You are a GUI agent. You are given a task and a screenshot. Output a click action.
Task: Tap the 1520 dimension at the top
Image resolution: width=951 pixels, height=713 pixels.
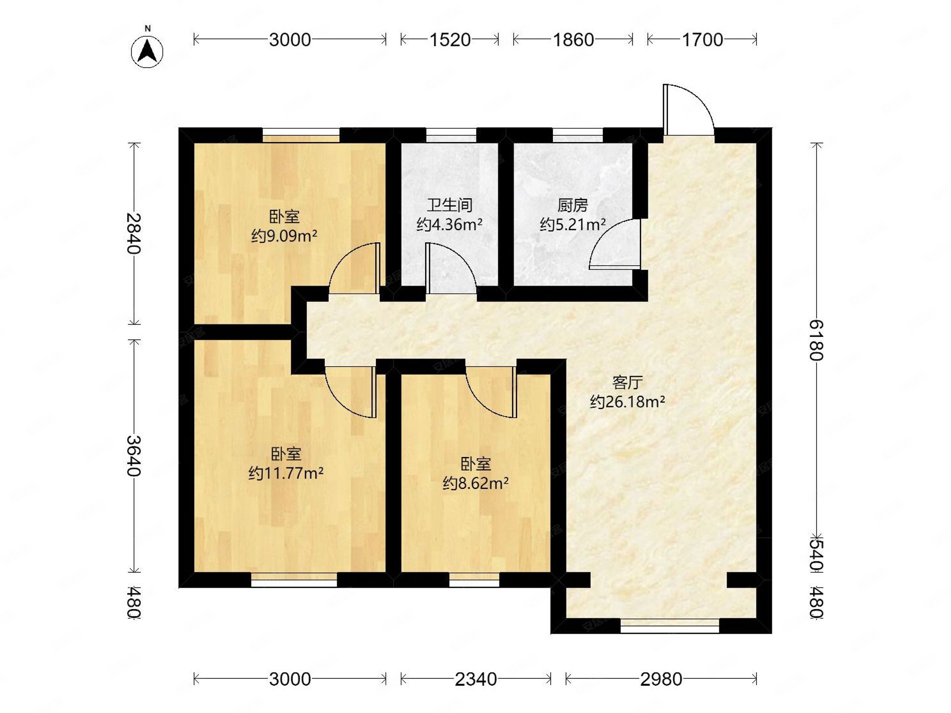point(450,40)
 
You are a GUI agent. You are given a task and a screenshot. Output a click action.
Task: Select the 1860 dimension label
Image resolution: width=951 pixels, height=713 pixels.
point(573,40)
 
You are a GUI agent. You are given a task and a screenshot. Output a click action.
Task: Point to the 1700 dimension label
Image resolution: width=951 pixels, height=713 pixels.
point(702,40)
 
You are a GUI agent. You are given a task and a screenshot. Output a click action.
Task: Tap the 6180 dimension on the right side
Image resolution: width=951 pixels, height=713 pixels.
point(816,340)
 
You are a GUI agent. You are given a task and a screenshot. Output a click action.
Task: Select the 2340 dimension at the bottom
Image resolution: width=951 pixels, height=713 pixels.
point(475,679)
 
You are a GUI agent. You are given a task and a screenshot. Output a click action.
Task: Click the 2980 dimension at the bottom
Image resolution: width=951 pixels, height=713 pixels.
point(661,679)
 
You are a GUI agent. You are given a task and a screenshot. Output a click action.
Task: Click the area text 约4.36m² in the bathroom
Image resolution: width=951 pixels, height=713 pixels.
point(449,224)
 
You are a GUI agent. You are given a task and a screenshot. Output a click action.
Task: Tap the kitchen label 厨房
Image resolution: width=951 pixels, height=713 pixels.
point(572,206)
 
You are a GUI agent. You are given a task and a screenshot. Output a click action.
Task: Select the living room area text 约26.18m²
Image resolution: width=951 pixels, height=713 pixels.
point(627,401)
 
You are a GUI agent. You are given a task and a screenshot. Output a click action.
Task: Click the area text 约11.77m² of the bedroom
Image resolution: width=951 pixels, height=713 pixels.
point(286,473)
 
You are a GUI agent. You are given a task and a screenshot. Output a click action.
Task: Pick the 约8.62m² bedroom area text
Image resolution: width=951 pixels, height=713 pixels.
point(475,484)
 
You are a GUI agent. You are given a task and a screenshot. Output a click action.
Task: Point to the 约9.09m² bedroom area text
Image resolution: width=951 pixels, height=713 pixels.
point(284,236)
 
